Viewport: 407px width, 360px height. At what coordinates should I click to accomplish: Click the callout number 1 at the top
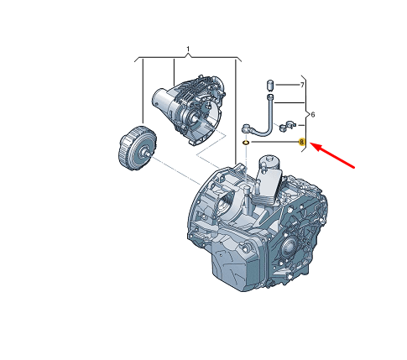pyautogui.click(x=188, y=50)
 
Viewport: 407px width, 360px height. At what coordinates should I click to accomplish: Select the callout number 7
pyautogui.click(x=302, y=85)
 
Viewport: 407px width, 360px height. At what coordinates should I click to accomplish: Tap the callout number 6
pyautogui.click(x=313, y=114)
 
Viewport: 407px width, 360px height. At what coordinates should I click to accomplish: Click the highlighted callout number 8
pyautogui.click(x=301, y=142)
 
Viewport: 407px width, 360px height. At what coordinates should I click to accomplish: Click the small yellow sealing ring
pyautogui.click(x=246, y=143)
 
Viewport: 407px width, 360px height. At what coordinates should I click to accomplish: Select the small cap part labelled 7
pyautogui.click(x=270, y=86)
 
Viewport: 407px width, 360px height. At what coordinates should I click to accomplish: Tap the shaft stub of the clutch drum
pyautogui.click(x=149, y=153)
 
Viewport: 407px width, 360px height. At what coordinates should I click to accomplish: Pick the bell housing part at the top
pyautogui.click(x=189, y=110)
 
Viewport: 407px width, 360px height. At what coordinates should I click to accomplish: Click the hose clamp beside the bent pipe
pyautogui.click(x=287, y=125)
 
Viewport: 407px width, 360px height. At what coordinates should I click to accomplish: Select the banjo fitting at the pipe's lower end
pyautogui.click(x=247, y=129)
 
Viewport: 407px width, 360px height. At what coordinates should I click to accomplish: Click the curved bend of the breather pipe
pyautogui.click(x=266, y=131)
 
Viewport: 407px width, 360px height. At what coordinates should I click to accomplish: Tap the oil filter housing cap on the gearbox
pyautogui.click(x=269, y=162)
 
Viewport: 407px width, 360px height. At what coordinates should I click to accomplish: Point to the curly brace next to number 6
pyautogui.click(x=305, y=114)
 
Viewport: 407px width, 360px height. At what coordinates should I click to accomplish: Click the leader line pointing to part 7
pyautogui.click(x=287, y=85)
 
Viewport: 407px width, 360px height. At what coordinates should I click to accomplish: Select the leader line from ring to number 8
pyautogui.click(x=274, y=142)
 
